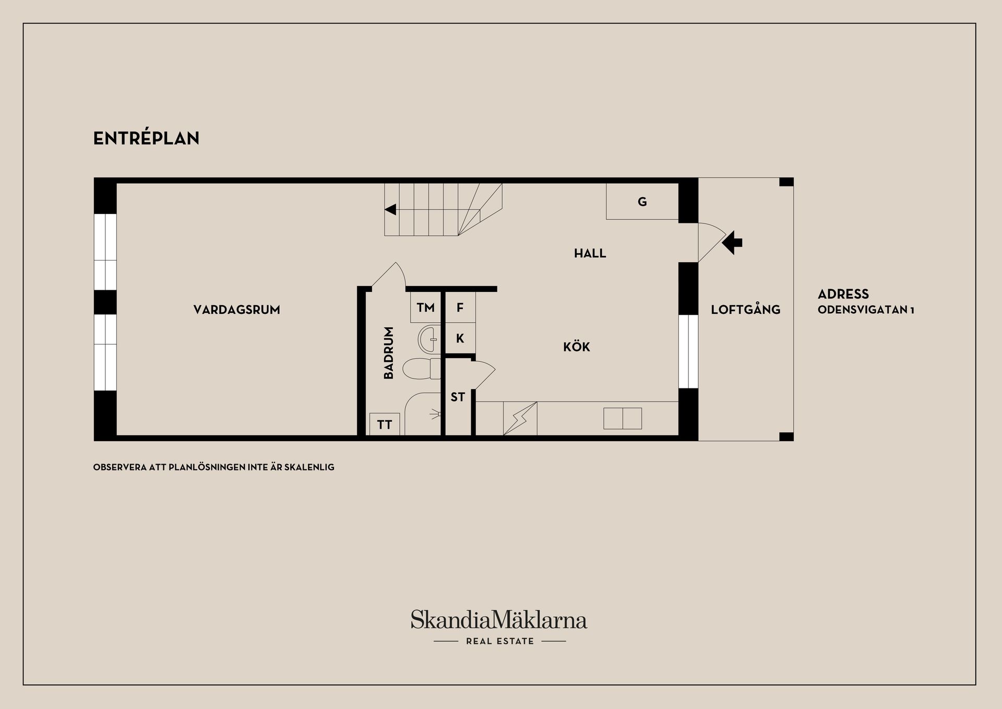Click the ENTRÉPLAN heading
[x=146, y=138]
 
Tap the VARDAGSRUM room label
[x=236, y=310]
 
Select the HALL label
[x=590, y=254]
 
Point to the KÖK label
[x=576, y=347]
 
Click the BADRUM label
[x=388, y=353]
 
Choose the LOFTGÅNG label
[x=745, y=310]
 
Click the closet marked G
[x=642, y=202]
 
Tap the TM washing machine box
[x=426, y=308]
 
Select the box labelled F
[x=460, y=308]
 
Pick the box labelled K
[x=460, y=338]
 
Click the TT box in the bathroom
[x=385, y=424]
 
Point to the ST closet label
[x=458, y=397]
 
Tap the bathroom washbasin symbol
[x=430, y=339]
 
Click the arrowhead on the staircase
[x=390, y=210]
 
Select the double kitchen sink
[x=623, y=418]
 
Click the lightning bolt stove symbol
[x=520, y=418]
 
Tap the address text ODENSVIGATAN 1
[x=865, y=310]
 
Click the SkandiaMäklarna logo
[x=499, y=620]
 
